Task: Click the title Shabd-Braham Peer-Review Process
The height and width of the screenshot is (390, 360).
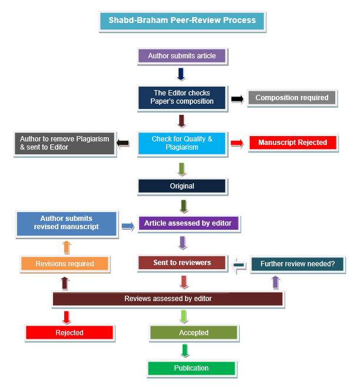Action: [x=182, y=21]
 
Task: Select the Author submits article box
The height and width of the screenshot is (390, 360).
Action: [x=181, y=56]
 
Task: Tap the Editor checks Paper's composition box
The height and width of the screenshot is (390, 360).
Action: [x=181, y=97]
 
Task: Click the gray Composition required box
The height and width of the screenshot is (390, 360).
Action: [x=292, y=98]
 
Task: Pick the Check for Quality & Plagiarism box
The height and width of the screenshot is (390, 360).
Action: [x=181, y=143]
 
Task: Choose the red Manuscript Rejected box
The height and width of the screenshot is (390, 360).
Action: [x=292, y=143]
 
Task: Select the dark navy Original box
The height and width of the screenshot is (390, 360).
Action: [x=181, y=186]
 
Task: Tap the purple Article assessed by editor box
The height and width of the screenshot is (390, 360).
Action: [x=189, y=224]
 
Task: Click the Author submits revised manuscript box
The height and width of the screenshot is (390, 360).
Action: [x=67, y=223]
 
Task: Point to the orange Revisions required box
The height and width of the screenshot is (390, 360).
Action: [x=65, y=263]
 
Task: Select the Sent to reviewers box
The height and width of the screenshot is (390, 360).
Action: [x=182, y=263]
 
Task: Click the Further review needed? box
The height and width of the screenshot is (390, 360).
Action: [x=298, y=264]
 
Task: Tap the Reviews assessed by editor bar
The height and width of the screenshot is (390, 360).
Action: [x=168, y=299]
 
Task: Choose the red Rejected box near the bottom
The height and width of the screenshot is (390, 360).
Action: [x=70, y=333]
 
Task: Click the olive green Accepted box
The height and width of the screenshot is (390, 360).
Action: [x=193, y=333]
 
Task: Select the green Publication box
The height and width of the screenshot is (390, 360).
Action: [x=191, y=368]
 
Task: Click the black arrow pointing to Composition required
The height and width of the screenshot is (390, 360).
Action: [x=237, y=98]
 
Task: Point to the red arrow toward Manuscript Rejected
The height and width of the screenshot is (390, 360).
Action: [x=237, y=143]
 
